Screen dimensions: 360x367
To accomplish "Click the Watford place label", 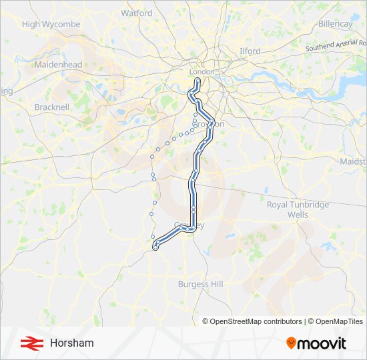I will pyautogui.click(x=136, y=13).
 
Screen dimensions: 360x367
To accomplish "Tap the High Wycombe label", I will pyautogui.click(x=51, y=25).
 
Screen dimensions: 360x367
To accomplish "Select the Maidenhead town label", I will pyautogui.click(x=58, y=65).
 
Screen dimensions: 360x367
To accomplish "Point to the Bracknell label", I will pyautogui.click(x=51, y=107).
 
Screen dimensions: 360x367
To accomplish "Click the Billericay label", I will pyautogui.click(x=334, y=24).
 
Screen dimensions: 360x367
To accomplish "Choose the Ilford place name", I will pyautogui.click(x=250, y=51).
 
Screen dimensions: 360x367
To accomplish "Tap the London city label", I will pyautogui.click(x=202, y=71).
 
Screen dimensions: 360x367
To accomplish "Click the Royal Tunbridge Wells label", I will pyautogui.click(x=298, y=210).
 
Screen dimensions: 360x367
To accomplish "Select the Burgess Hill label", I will pyautogui.click(x=200, y=284).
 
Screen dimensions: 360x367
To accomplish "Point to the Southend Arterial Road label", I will pyautogui.click(x=336, y=45).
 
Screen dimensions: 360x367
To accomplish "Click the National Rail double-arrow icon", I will pyautogui.click(x=28, y=343).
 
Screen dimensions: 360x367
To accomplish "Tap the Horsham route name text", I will pyautogui.click(x=71, y=343).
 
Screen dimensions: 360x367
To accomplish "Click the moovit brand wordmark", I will pyautogui.click(x=322, y=343).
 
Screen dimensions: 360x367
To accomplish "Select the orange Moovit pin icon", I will pyautogui.click(x=291, y=343).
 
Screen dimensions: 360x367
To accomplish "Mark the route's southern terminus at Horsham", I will pyautogui.click(x=155, y=247).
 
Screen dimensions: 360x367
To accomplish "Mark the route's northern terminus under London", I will pyautogui.click(x=198, y=81).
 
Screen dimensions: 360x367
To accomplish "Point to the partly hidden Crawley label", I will pyautogui.click(x=189, y=225).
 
